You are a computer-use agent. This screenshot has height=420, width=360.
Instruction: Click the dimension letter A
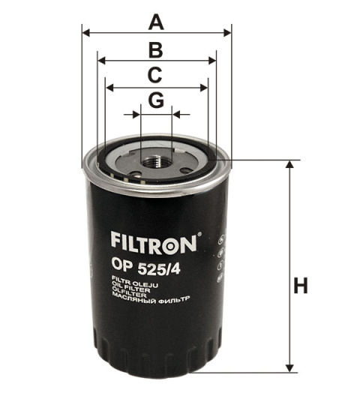click(155, 22)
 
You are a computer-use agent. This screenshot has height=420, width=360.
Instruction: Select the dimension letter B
click(155, 49)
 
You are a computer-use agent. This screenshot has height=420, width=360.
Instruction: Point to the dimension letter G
click(155, 100)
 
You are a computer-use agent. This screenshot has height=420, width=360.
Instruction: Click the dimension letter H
click(300, 286)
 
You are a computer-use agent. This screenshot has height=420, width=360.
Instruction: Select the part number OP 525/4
click(139, 264)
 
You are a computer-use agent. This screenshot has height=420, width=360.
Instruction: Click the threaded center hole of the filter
click(156, 157)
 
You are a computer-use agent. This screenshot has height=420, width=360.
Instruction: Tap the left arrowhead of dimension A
click(85, 33)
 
